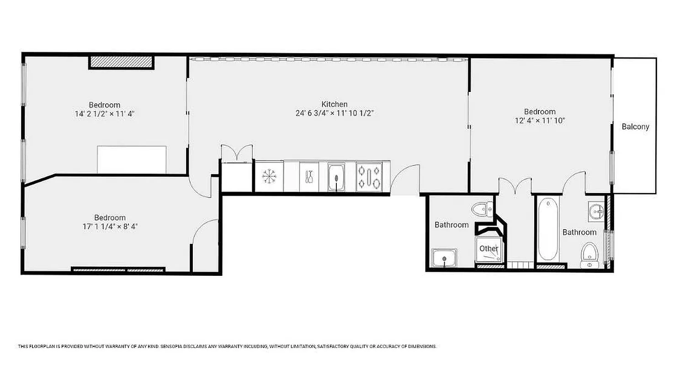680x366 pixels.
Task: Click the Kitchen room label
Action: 334,104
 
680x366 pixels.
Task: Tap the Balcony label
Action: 635,127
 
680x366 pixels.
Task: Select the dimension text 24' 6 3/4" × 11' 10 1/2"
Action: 335,113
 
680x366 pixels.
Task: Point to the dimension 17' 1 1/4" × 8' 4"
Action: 110,226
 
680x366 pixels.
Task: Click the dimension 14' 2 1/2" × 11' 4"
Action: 104,113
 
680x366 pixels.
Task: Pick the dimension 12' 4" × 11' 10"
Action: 540,120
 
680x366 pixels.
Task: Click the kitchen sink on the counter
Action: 336,177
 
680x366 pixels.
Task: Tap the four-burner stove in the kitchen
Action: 369,177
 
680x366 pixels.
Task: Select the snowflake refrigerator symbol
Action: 269,177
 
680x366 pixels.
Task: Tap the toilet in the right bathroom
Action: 589,254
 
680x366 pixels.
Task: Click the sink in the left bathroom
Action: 444,258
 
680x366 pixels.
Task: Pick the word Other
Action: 489,248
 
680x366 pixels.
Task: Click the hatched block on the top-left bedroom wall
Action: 121,62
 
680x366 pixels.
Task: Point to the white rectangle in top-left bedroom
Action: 132,159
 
